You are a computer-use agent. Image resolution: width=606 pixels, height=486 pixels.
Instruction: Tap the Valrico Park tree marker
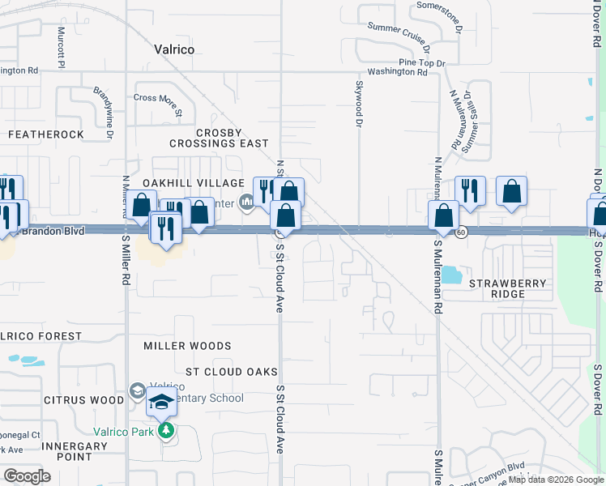click(x=166, y=430)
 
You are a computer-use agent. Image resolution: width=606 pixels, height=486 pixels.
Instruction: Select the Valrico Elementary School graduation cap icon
click(x=161, y=401)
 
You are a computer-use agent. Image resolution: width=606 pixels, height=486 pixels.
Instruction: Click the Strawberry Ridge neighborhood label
click(x=508, y=289)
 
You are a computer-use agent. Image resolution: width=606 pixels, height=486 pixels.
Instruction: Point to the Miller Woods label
click(x=187, y=346)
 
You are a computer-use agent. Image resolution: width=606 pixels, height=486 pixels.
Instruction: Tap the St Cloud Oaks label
click(x=226, y=372)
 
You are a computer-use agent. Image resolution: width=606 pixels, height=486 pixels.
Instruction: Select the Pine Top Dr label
click(x=423, y=62)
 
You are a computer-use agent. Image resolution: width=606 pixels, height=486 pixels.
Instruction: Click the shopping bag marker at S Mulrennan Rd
click(x=444, y=216)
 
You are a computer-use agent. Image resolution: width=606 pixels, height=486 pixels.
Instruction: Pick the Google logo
click(x=27, y=476)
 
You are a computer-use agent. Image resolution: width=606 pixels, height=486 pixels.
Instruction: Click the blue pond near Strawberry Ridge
click(x=450, y=275)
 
